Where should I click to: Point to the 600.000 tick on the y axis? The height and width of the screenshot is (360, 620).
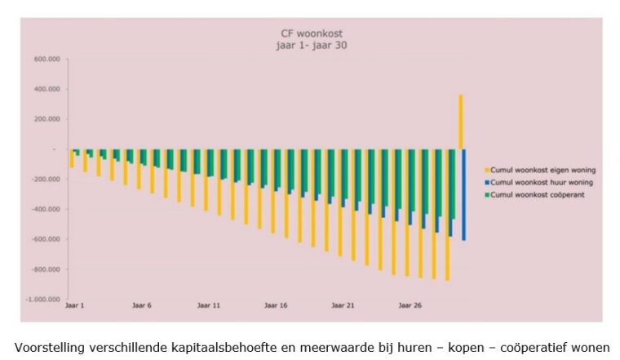[x=42, y=60]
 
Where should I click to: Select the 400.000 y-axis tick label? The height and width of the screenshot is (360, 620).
[x=42, y=90]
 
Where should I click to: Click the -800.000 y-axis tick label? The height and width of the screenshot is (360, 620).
[x=40, y=269]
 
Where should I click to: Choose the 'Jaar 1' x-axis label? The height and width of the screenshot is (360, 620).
[x=75, y=308]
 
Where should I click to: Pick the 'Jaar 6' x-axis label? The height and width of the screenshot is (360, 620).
[x=142, y=308]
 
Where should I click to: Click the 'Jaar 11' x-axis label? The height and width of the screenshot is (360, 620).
[x=209, y=308]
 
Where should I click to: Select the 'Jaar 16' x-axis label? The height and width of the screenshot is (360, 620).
[x=276, y=308]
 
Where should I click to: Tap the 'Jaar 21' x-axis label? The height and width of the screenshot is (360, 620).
[x=343, y=308]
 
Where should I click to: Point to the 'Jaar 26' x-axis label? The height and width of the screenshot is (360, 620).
[x=410, y=308]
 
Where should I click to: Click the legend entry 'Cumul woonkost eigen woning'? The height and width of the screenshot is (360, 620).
[x=543, y=170]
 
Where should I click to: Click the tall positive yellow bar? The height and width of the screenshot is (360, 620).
[x=460, y=122]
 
